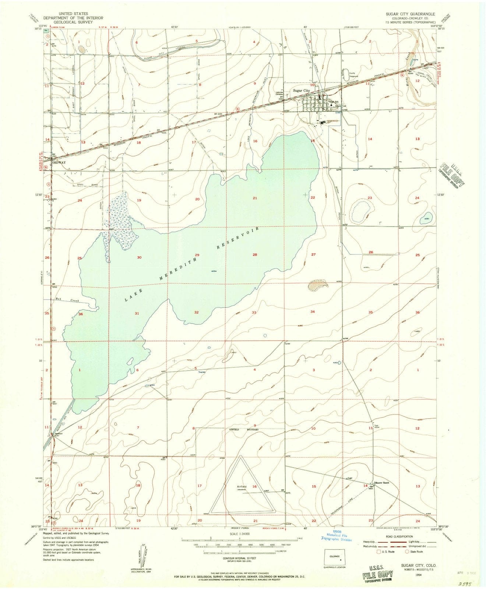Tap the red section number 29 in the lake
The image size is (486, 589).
point(197,255)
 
